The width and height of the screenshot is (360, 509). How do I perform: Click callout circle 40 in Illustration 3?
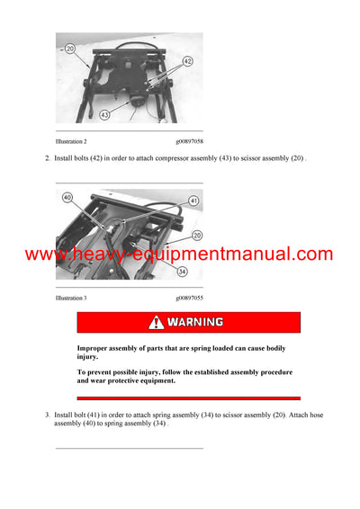(67, 198)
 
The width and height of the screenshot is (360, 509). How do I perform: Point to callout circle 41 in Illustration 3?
(193, 201)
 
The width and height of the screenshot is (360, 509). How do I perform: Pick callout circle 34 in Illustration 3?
(183, 271)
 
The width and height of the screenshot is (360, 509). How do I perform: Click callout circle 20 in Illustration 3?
(196, 235)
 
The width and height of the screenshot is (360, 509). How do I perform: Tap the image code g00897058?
(189, 142)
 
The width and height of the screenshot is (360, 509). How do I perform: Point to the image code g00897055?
(189, 297)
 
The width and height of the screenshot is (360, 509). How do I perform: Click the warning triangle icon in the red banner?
(157, 322)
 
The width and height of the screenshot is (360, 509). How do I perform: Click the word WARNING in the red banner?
(195, 322)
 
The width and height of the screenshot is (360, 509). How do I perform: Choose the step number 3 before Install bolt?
(47, 415)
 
